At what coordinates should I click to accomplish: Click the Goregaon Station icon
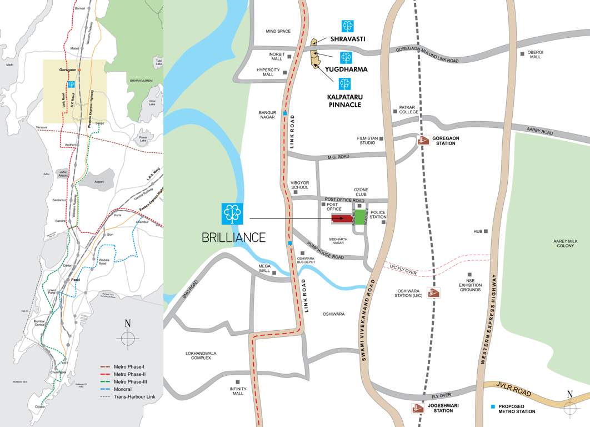click(x=424, y=140)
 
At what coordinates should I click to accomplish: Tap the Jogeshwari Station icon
click(x=418, y=409)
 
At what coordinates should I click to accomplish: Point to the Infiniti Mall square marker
click(x=238, y=382)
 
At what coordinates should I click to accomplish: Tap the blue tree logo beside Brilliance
click(x=232, y=213)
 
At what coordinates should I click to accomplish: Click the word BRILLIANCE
click(x=234, y=237)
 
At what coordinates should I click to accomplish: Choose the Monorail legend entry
click(x=124, y=389)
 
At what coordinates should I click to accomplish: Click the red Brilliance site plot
click(x=342, y=219)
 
